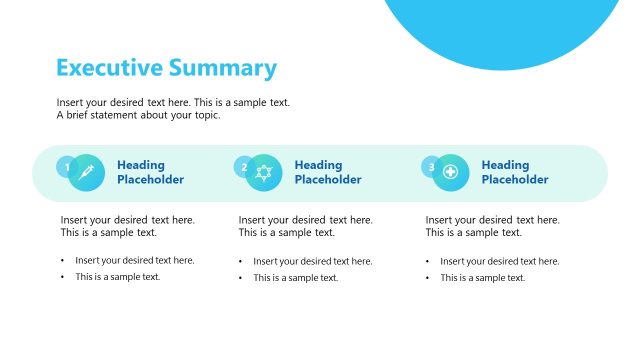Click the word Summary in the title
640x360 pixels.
pos(222,68)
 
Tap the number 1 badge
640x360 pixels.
pos(67,167)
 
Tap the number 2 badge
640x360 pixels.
pos(244,167)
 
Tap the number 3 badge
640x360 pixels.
pos(431,167)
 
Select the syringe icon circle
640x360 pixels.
pos(86,172)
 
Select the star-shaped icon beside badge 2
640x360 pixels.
pos(264,172)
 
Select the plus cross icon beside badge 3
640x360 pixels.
pos(451,172)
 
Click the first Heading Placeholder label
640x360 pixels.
pos(150,172)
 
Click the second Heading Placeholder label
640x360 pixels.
pos(328,172)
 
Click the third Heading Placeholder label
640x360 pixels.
pos(515,172)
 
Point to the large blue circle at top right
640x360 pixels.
pos(510,25)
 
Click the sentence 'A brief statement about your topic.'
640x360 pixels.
pos(138,115)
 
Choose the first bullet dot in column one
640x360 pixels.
pos(62,261)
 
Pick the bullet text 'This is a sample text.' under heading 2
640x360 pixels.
pos(296,278)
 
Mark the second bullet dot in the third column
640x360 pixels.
pos(428,278)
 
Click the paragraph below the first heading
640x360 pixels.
pos(127,226)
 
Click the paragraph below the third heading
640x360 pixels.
pos(492,226)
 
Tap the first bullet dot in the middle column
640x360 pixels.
pos(240,261)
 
